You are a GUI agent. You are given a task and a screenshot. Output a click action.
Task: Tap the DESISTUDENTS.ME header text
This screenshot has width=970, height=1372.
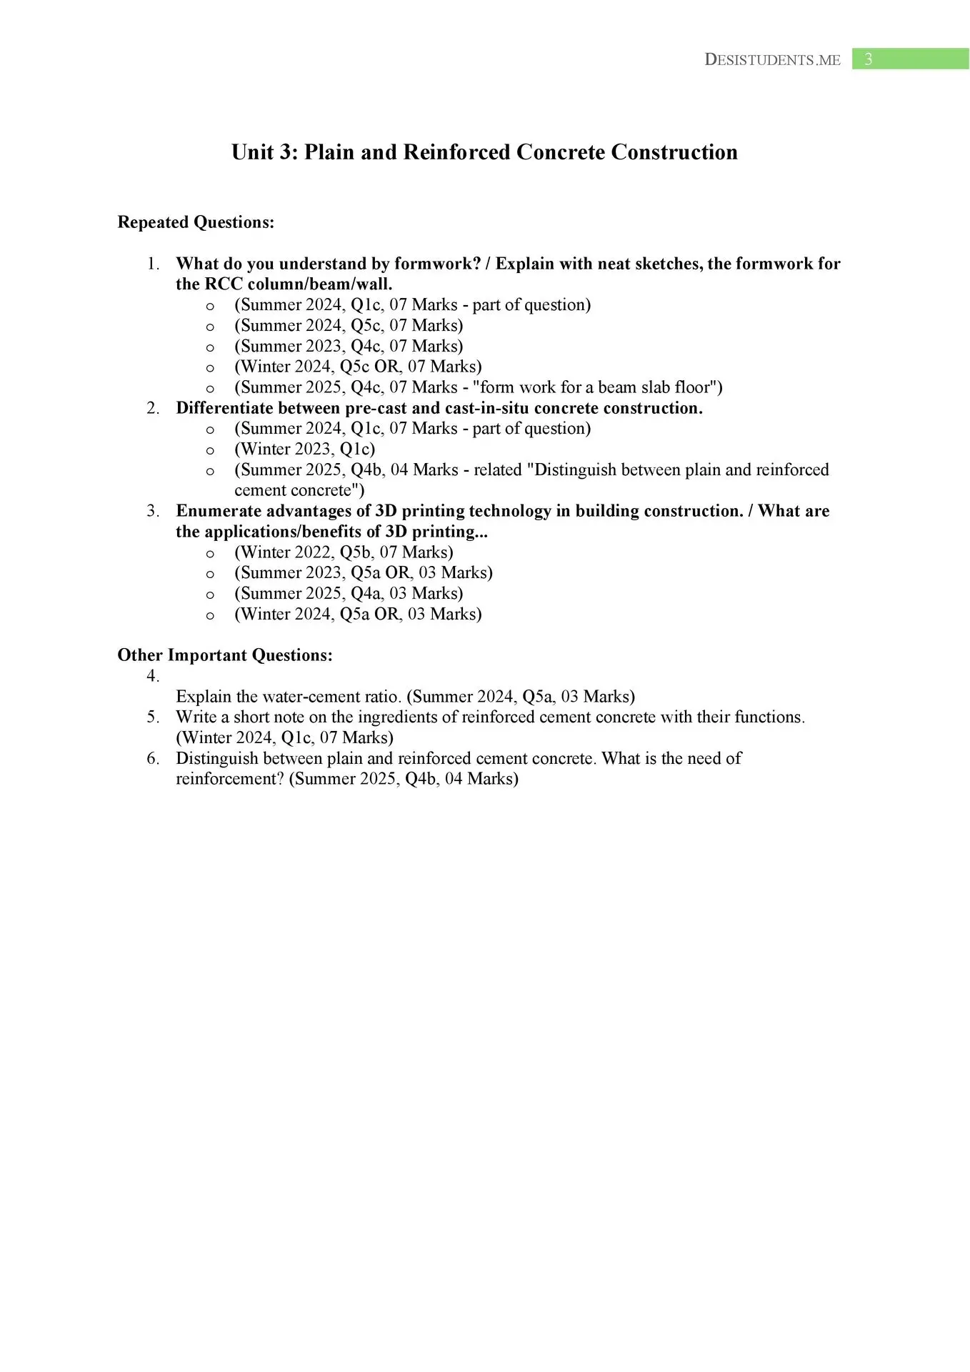point(772,60)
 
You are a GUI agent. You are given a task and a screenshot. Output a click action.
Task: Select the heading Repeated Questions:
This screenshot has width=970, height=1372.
point(196,222)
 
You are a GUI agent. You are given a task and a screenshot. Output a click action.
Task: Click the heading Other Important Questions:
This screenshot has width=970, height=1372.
point(225,655)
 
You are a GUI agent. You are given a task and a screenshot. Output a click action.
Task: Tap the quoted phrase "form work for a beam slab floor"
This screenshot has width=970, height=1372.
point(597,387)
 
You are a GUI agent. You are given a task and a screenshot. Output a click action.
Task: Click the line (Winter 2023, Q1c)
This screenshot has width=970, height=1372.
point(304,449)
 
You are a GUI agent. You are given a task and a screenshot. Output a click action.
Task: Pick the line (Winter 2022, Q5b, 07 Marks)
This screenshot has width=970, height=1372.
point(344,552)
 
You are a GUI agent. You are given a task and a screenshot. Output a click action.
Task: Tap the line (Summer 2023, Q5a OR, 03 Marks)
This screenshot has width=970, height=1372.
point(364,572)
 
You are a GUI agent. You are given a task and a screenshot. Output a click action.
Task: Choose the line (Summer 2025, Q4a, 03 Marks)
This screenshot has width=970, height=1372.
point(349,593)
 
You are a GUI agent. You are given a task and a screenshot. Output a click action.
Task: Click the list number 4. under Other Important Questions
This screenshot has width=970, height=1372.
point(153,676)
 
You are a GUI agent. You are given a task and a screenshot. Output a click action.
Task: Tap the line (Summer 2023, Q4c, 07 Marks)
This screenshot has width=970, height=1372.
point(349,346)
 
